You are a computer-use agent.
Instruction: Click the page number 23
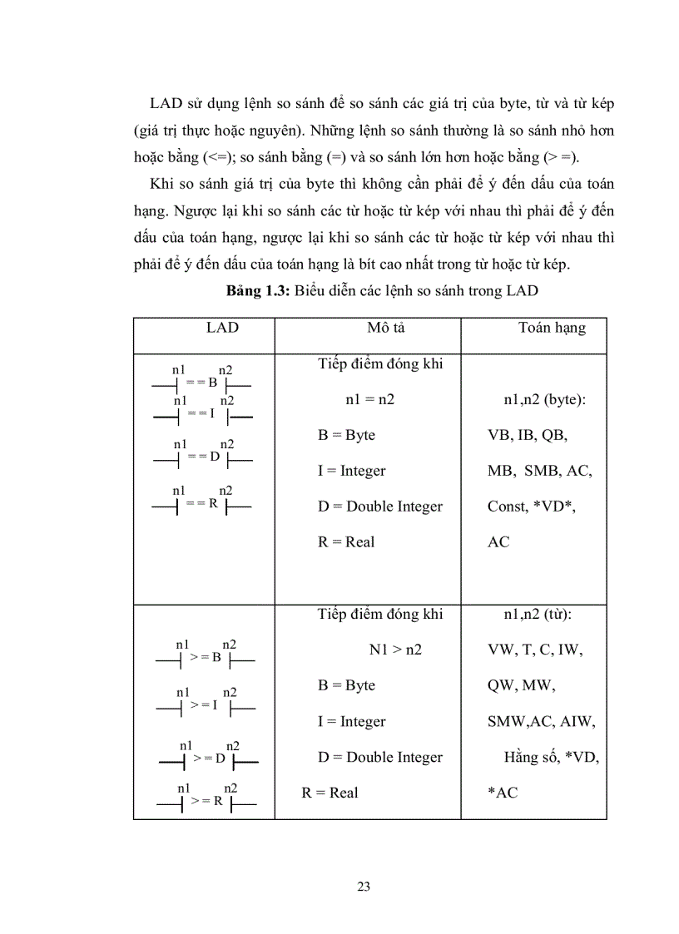[363, 886]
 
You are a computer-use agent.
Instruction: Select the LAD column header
[222, 328]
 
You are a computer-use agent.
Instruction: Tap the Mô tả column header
[385, 328]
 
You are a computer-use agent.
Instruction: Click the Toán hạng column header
[552, 328]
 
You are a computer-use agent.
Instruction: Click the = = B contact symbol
[201, 383]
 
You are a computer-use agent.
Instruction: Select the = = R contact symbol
[201, 504]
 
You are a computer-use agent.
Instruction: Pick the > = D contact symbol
[208, 759]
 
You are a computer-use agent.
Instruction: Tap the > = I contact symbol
[205, 705]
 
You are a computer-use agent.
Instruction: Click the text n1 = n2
[369, 400]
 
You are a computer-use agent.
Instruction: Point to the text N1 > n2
[395, 650]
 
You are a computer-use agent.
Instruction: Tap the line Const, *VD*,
[532, 507]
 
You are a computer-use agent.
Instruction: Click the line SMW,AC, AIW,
[541, 722]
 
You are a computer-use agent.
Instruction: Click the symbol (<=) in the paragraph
[216, 156]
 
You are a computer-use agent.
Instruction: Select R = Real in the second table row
[330, 793]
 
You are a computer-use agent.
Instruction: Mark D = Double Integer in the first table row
[379, 507]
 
